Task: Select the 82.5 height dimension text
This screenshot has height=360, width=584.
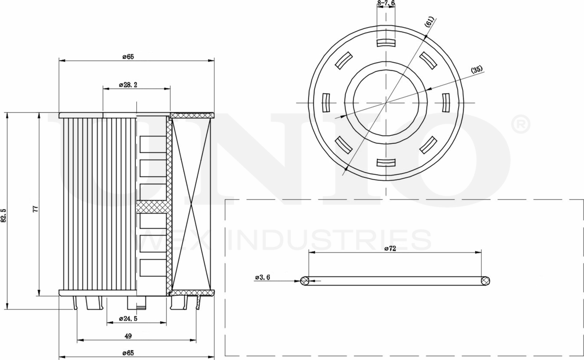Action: click(4, 215)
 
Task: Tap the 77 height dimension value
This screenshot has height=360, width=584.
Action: click(35, 209)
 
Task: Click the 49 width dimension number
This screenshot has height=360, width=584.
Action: click(128, 336)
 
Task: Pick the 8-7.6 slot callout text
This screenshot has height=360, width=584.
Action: click(386, 3)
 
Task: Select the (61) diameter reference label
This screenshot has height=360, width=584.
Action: click(429, 22)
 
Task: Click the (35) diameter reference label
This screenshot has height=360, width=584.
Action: click(477, 70)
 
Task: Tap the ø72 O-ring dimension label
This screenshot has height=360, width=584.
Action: click(390, 248)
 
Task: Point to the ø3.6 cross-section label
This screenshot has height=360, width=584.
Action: click(262, 277)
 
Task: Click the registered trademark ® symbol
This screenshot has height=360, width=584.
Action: click(521, 124)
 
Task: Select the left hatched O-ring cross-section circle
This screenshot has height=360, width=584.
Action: click(305, 281)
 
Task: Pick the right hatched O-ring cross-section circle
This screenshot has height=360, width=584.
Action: click(485, 281)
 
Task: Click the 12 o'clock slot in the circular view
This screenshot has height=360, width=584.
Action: click(386, 43)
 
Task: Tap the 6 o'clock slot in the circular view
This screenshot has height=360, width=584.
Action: click(386, 163)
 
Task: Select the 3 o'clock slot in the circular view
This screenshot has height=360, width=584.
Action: click(445, 103)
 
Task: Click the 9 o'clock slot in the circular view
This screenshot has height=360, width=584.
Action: click(326, 103)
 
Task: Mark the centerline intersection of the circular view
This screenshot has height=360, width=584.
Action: click(386, 103)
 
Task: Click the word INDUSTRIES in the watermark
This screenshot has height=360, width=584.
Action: click(329, 240)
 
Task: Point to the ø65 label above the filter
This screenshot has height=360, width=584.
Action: click(128, 57)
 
